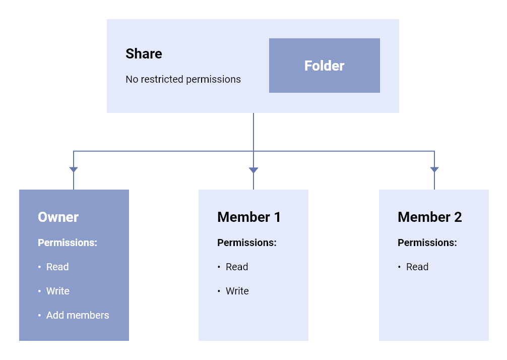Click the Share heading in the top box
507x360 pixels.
point(144,54)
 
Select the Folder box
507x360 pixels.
point(324,66)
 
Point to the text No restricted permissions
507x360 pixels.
point(183,79)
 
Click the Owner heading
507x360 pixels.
point(58,217)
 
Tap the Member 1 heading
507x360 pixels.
point(248,217)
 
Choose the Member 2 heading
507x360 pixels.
point(429,217)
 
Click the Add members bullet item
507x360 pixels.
point(78,315)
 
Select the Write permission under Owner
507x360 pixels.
point(57,291)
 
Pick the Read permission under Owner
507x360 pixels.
point(57,267)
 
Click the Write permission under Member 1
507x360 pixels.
point(237,291)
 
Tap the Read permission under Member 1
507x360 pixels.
point(237,267)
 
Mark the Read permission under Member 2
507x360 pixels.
point(417,267)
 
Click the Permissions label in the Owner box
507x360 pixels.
point(67,243)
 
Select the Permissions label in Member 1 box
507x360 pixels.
point(246,243)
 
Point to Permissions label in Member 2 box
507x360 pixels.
point(427,243)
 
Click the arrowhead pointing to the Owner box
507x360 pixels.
point(74,170)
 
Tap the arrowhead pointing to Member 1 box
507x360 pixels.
point(254,170)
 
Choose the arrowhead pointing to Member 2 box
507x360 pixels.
point(434,170)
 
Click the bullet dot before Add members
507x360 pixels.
point(39,316)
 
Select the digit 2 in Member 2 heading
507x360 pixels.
point(458,217)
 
